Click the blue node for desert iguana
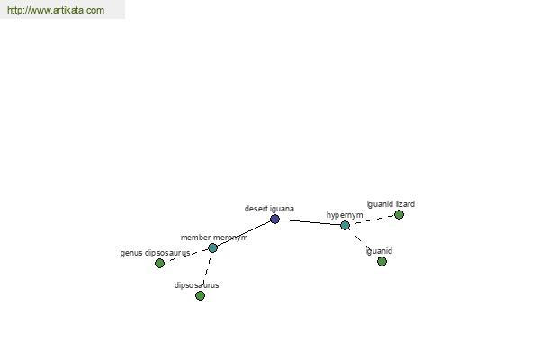(x=274, y=219)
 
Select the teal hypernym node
(x=345, y=225)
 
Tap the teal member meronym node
(x=212, y=247)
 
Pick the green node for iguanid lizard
(x=399, y=214)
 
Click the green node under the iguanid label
(x=382, y=262)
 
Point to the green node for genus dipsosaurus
(x=159, y=263)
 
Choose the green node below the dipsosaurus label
(x=200, y=295)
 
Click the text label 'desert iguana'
(x=269, y=209)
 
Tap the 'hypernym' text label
(x=345, y=215)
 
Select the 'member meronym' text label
(x=214, y=238)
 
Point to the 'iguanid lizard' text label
(x=391, y=204)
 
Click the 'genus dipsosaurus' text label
(x=156, y=253)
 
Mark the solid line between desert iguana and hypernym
(x=310, y=222)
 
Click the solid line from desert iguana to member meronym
(x=244, y=234)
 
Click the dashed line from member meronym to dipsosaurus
(x=207, y=269)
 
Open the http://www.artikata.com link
(x=56, y=10)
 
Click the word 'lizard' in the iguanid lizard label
(x=405, y=204)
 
